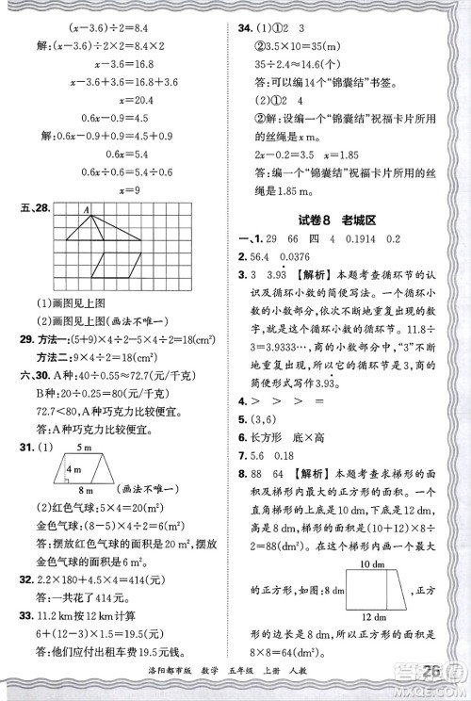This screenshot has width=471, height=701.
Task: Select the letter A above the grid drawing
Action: (x=84, y=210)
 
